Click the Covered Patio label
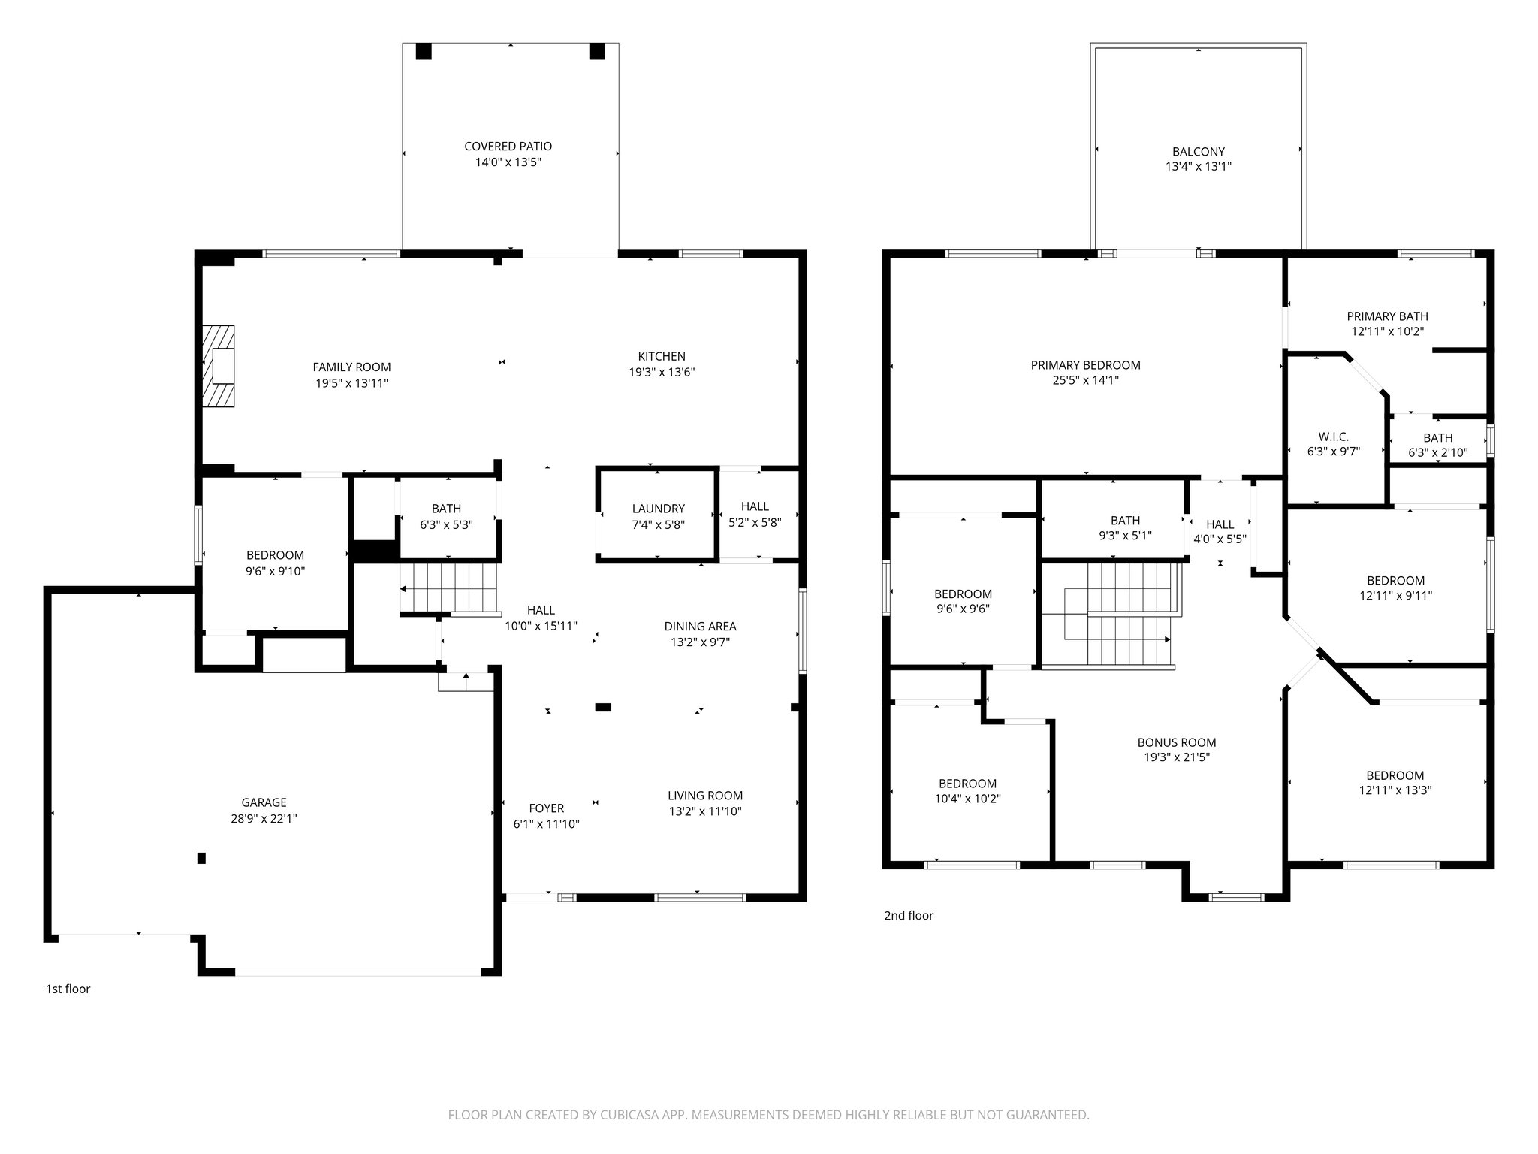point(508,147)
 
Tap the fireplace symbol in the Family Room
point(219,367)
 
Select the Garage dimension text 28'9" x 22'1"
point(264,819)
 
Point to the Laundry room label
point(658,509)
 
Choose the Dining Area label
point(700,626)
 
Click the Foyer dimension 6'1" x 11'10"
point(546,824)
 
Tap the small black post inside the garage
point(201,858)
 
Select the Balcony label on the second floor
point(1198,151)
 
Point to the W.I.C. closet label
point(1333,437)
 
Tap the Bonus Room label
point(1176,742)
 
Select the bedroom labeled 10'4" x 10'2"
point(967,791)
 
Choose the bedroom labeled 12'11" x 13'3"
point(1395,783)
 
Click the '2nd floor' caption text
point(908,915)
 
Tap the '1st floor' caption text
point(68,989)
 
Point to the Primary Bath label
point(1387,316)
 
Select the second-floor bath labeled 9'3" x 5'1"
point(1125,528)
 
